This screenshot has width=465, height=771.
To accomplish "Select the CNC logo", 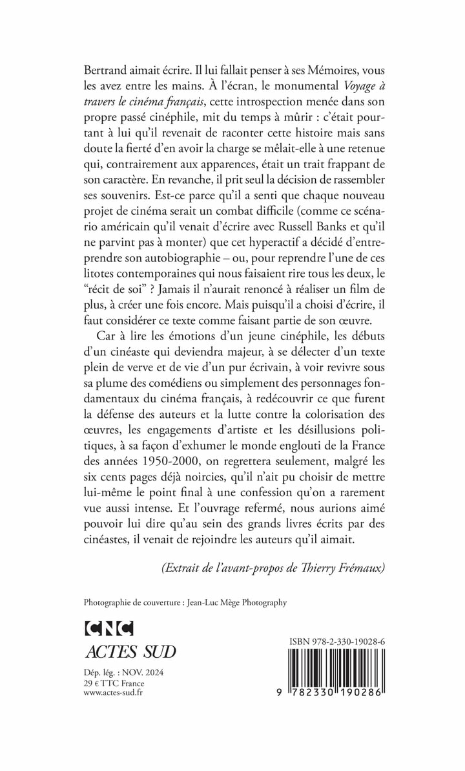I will [x=108, y=628].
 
